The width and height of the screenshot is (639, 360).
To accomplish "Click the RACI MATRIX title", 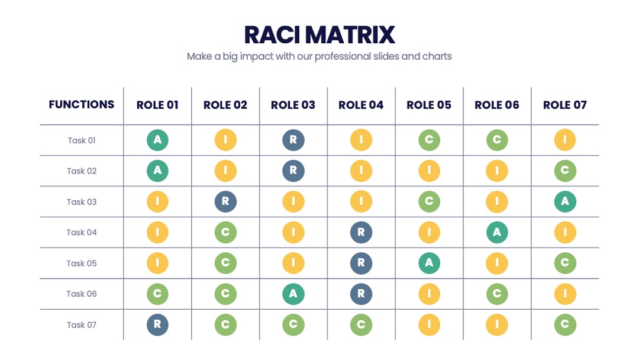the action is click(319, 35).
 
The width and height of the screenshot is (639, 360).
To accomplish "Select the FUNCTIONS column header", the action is click(82, 104).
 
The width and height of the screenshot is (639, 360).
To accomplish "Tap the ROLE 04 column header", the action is click(361, 105).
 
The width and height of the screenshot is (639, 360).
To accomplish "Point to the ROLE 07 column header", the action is click(565, 105).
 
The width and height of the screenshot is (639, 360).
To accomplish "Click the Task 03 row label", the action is click(82, 202).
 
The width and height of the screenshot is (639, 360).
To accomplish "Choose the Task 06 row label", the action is click(82, 294).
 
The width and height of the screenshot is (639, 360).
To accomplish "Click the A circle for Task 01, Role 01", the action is click(158, 140).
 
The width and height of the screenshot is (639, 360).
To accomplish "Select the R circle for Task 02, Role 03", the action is click(293, 171).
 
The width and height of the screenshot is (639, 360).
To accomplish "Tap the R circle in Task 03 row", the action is click(225, 201).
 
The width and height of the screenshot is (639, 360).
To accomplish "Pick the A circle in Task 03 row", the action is click(565, 201).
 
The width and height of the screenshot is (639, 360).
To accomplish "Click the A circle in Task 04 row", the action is click(497, 232).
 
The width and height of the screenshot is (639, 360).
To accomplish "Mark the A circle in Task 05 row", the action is click(429, 263).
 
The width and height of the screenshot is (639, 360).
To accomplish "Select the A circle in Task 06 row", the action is click(293, 294).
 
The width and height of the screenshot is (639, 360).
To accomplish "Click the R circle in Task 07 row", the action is click(158, 324).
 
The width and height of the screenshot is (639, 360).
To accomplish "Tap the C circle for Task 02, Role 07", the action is click(565, 171).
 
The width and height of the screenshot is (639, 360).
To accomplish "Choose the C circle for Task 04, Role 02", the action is click(225, 232).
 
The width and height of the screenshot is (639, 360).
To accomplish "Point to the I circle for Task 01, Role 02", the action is click(225, 140).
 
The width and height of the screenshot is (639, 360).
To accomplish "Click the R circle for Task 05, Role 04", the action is click(361, 263).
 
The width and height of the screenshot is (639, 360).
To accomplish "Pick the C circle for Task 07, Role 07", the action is click(565, 324).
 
